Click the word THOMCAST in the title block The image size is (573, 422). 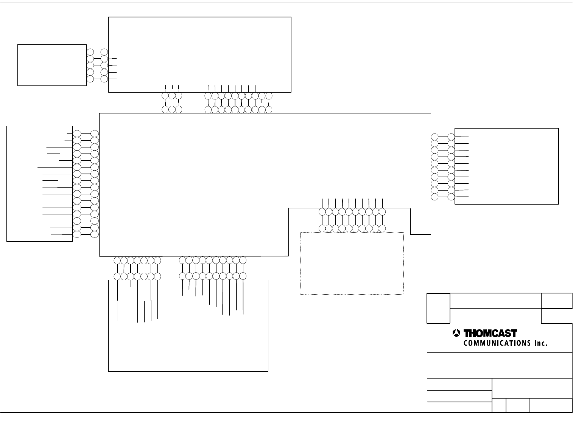pos(490,334)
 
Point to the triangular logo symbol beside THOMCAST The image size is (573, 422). pos(456,333)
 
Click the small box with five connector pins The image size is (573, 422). pos(52,65)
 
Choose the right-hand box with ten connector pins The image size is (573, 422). pos(506,166)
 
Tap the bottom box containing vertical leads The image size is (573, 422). pos(188,340)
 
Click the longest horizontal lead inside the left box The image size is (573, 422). pos(55,167)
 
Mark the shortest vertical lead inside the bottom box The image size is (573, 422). pos(131,284)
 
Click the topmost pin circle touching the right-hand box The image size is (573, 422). pos(451,137)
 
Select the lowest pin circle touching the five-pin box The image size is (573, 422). pos(90,79)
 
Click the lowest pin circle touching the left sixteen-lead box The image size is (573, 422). pos(76,234)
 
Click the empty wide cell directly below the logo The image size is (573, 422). pos(500,366)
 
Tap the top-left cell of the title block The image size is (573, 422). pos(438,301)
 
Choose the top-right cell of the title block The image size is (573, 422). pos(557,301)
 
